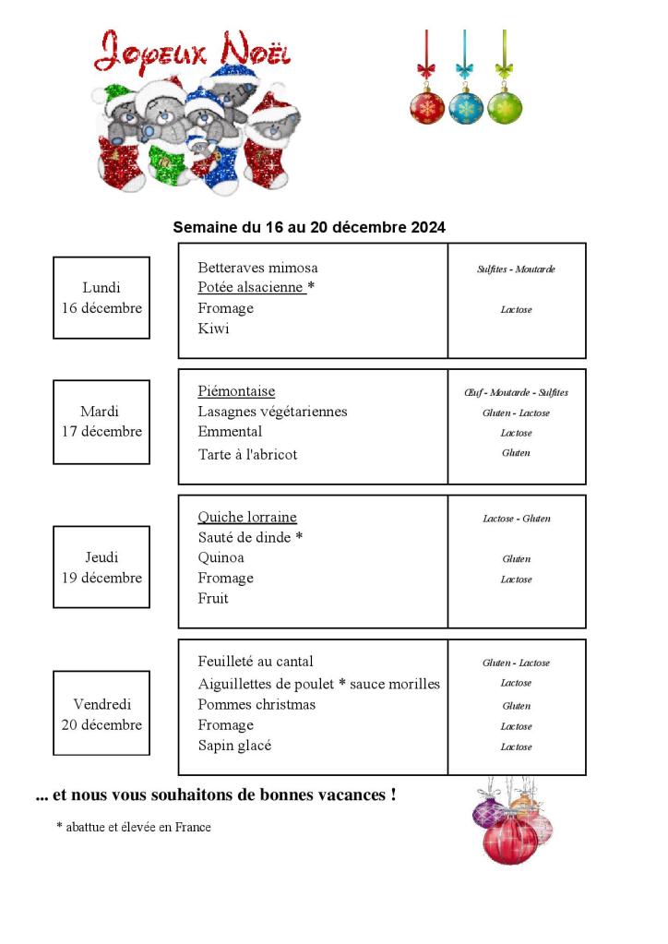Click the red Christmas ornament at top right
click(x=427, y=106)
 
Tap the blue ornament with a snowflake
click(x=466, y=106)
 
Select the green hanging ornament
click(x=504, y=106)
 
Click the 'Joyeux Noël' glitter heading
click(x=192, y=51)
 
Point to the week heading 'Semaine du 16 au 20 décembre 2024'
click(x=309, y=227)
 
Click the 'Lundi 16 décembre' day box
click(x=101, y=298)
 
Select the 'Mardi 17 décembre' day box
click(x=101, y=422)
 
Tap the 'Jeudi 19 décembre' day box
click(x=101, y=568)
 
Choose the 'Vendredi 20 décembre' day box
click(x=101, y=714)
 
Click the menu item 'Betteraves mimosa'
click(x=257, y=268)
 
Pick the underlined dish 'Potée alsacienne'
click(x=252, y=288)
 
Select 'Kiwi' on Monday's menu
click(x=213, y=329)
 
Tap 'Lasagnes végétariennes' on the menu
click(x=272, y=412)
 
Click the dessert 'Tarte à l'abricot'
click(x=247, y=454)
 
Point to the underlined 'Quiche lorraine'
click(x=247, y=517)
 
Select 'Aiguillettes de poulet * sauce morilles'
click(x=318, y=684)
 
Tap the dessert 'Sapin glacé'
click(x=234, y=746)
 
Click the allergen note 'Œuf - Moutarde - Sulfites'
click(x=516, y=392)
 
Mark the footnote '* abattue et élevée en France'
click(x=133, y=827)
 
